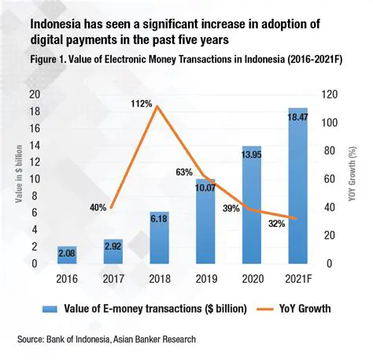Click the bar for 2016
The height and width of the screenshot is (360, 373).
67,256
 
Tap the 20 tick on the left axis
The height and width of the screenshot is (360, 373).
34,94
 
